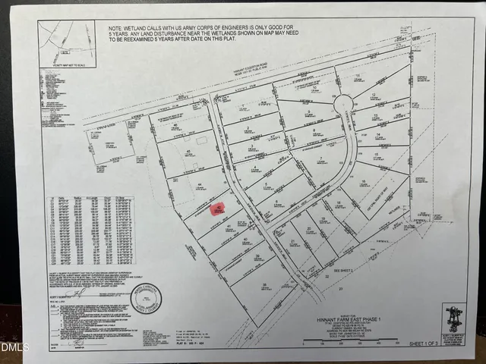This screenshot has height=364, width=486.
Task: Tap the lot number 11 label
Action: click(x=357, y=77)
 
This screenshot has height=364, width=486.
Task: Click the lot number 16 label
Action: click(x=364, y=182)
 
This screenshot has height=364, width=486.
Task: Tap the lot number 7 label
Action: click(x=321, y=160)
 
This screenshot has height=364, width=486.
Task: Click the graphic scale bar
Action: click(x=349, y=344)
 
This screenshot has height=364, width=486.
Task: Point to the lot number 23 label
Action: click(x=342, y=289)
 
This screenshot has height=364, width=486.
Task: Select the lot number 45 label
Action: click(x=188, y=152)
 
